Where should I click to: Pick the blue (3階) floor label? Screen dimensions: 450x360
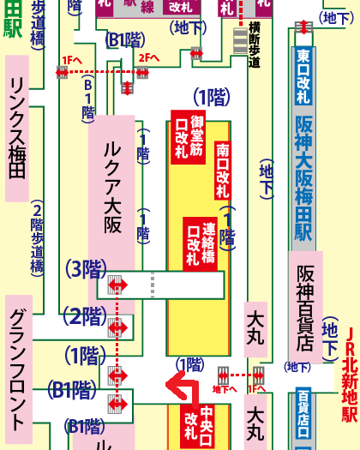(85, 269)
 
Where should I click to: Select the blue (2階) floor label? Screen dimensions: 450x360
(85, 315)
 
